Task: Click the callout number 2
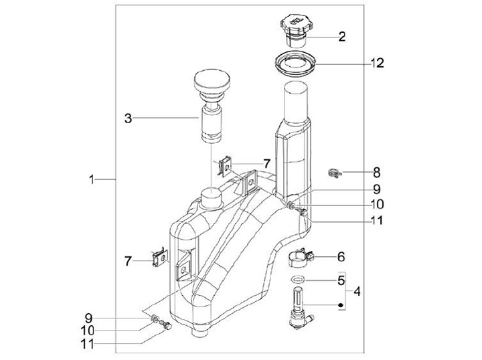pos(342,37)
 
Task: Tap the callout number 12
pos(377,63)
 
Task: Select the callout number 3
pos(128,118)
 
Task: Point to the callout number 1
pos(92,179)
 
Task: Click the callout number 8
pos(377,173)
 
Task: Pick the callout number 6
pos(341,256)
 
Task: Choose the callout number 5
pos(341,280)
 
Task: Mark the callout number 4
pos(357,291)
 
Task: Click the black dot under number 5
pos(340,305)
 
